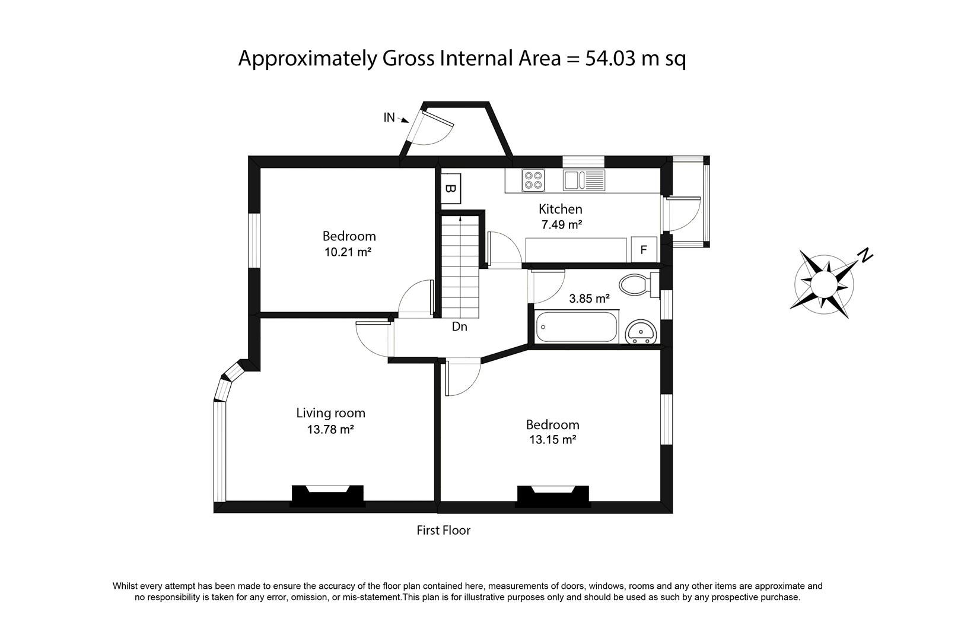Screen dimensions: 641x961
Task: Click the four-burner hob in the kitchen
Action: click(x=534, y=180)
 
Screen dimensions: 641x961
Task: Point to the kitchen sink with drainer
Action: click(x=584, y=180)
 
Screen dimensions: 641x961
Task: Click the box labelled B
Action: click(x=451, y=189)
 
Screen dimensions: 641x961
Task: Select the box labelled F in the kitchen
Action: click(x=644, y=250)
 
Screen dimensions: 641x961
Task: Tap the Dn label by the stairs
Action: click(x=460, y=326)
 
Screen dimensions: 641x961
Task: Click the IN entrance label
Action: click(x=389, y=118)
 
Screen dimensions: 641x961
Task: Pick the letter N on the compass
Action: click(x=866, y=256)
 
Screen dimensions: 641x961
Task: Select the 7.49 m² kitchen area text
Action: click(x=561, y=225)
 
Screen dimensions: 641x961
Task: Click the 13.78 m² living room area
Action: click(x=330, y=429)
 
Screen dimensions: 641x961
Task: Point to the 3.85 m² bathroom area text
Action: click(x=589, y=299)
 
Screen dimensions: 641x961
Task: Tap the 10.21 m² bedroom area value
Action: click(x=348, y=252)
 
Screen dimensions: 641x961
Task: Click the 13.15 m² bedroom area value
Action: click(x=552, y=440)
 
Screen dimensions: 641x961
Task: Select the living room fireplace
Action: click(x=327, y=495)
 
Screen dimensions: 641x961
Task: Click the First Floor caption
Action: click(x=443, y=530)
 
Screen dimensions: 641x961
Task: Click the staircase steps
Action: click(x=460, y=267)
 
